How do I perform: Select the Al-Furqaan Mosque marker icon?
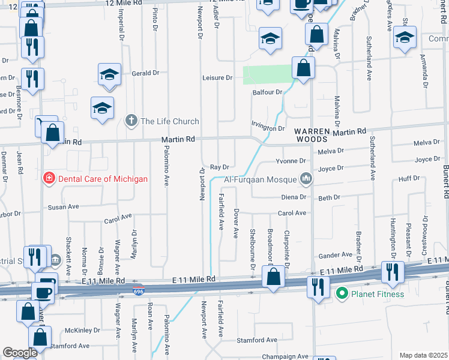(306, 178)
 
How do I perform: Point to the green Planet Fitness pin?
(342, 293)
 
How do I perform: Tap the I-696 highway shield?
(138, 289)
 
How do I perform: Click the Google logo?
(20, 353)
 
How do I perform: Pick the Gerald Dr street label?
(146, 73)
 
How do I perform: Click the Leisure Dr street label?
(217, 78)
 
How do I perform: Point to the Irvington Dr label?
(268, 128)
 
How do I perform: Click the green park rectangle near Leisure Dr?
(267, 74)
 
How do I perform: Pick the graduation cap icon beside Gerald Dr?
(110, 74)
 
